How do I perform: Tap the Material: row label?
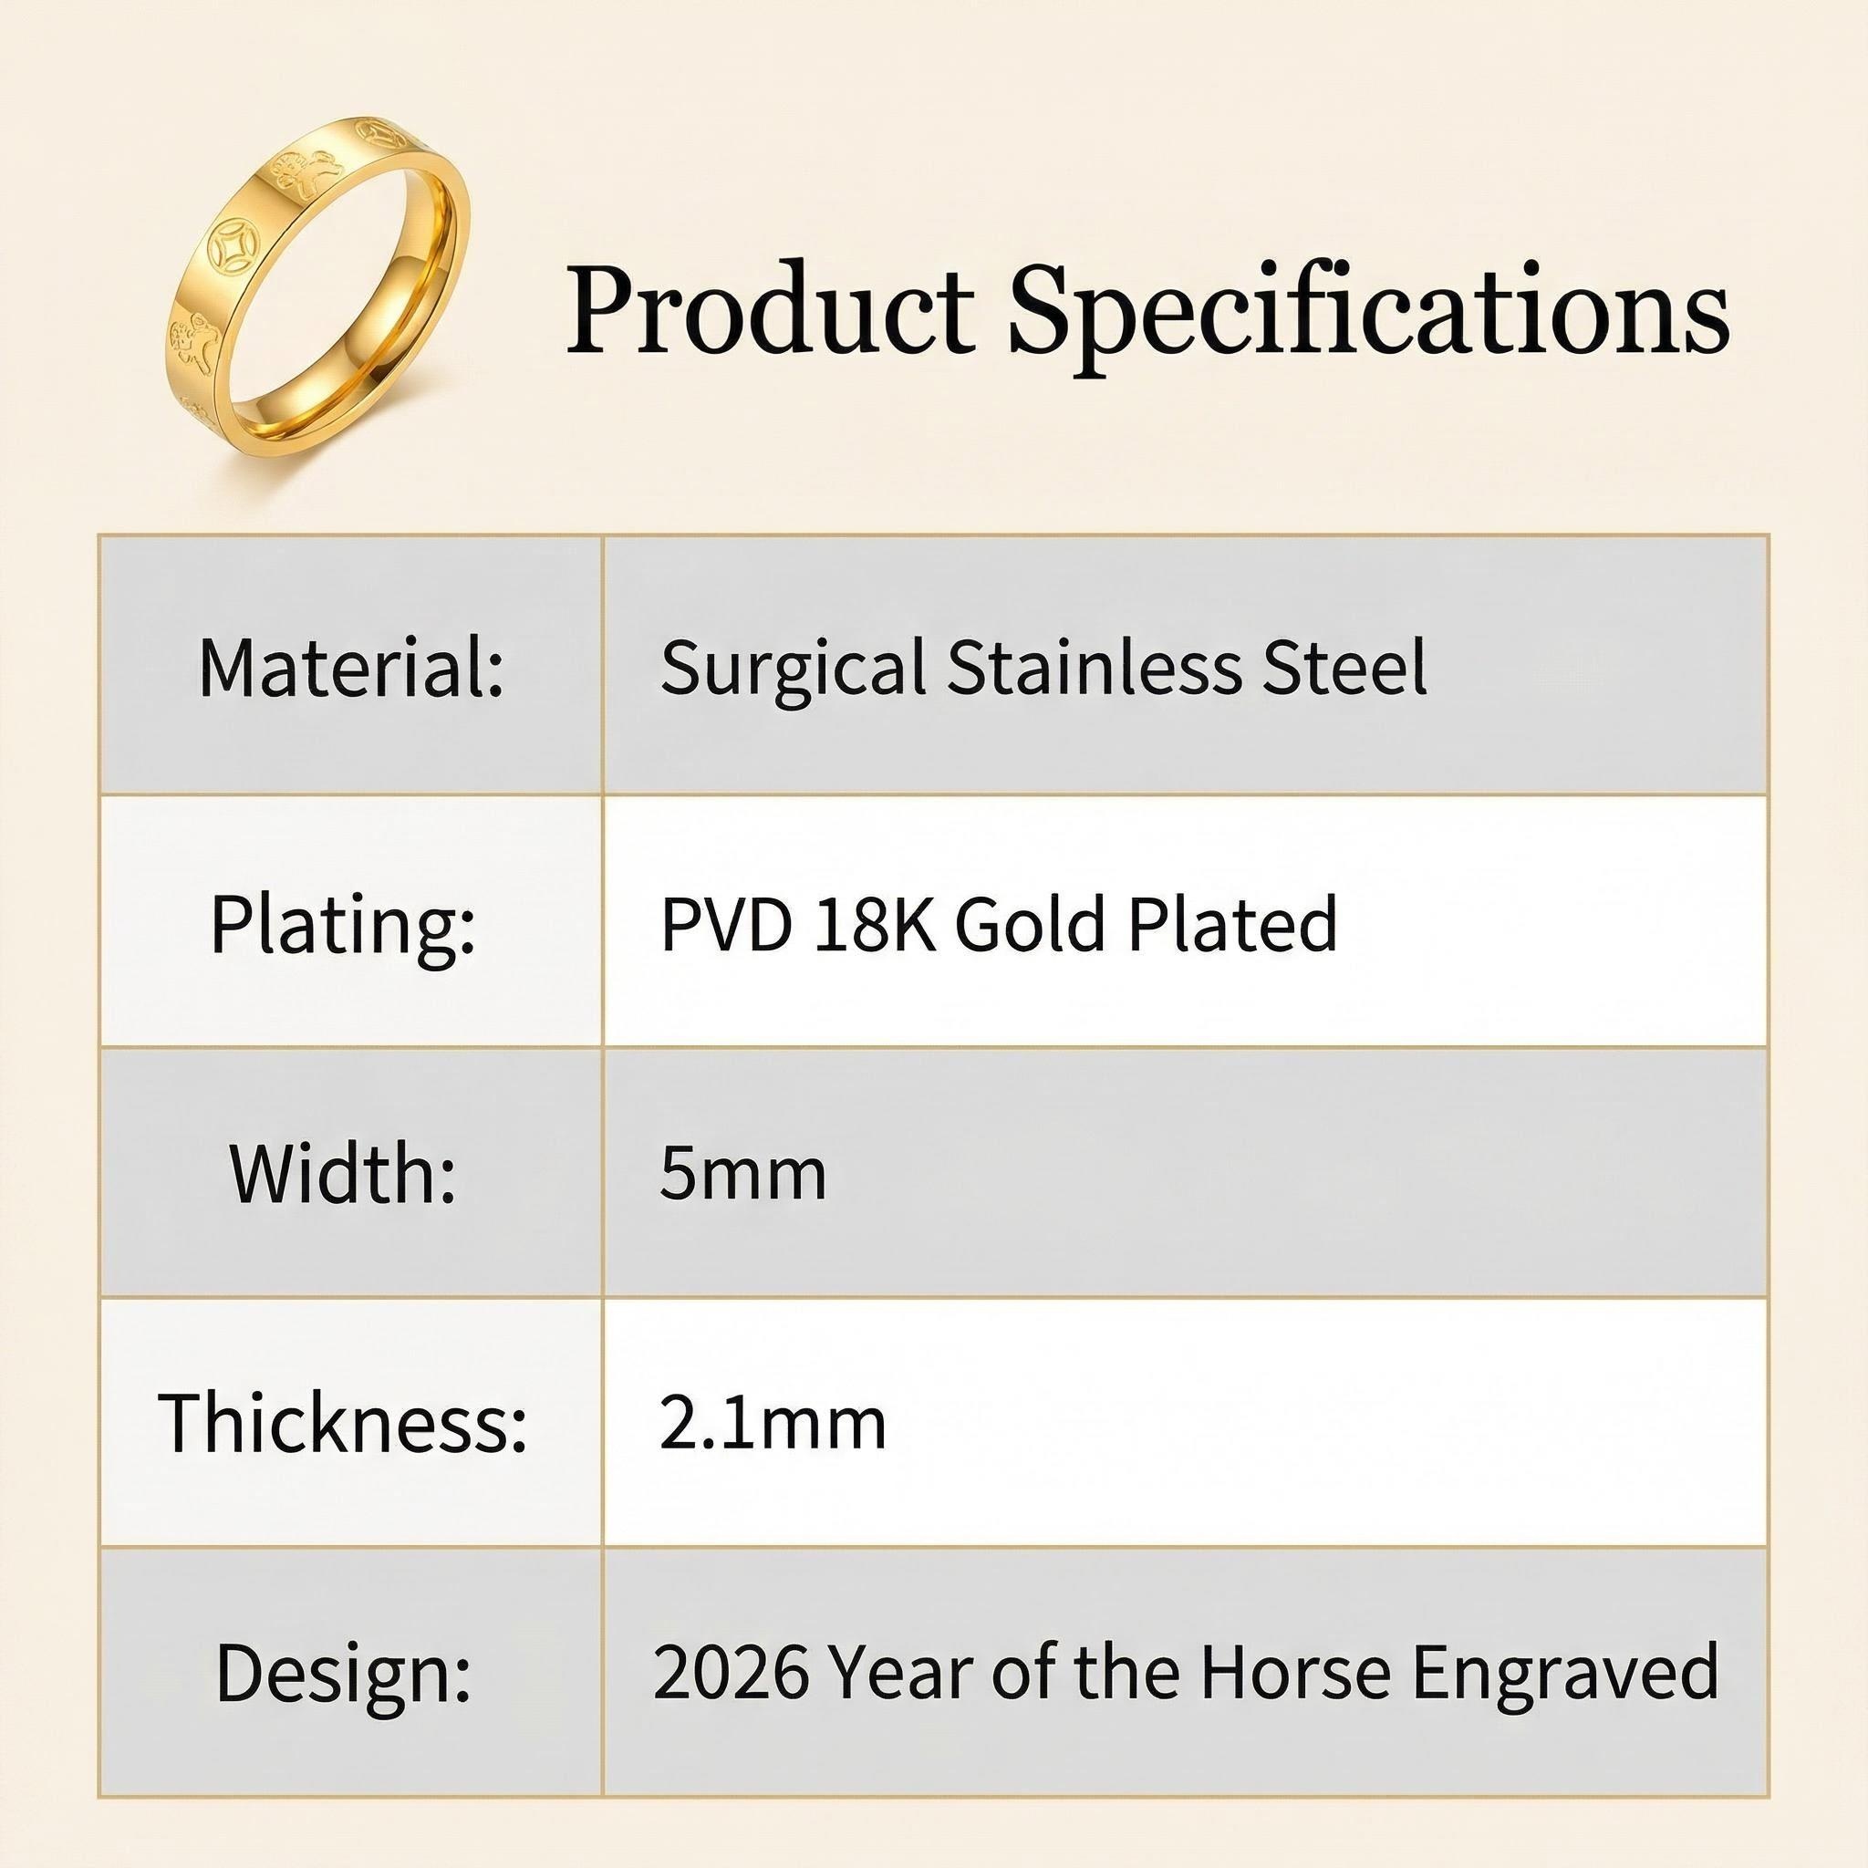[x=352, y=666]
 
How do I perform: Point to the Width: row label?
[x=343, y=1172]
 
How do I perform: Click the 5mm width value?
[x=742, y=1173]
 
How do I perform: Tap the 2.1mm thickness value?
[x=773, y=1422]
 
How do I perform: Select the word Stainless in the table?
[x=1094, y=666]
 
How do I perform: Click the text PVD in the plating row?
[x=726, y=924]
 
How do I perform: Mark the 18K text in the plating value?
[x=875, y=924]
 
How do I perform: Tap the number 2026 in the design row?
[x=731, y=1671]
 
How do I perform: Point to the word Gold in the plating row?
[x=1030, y=924]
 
